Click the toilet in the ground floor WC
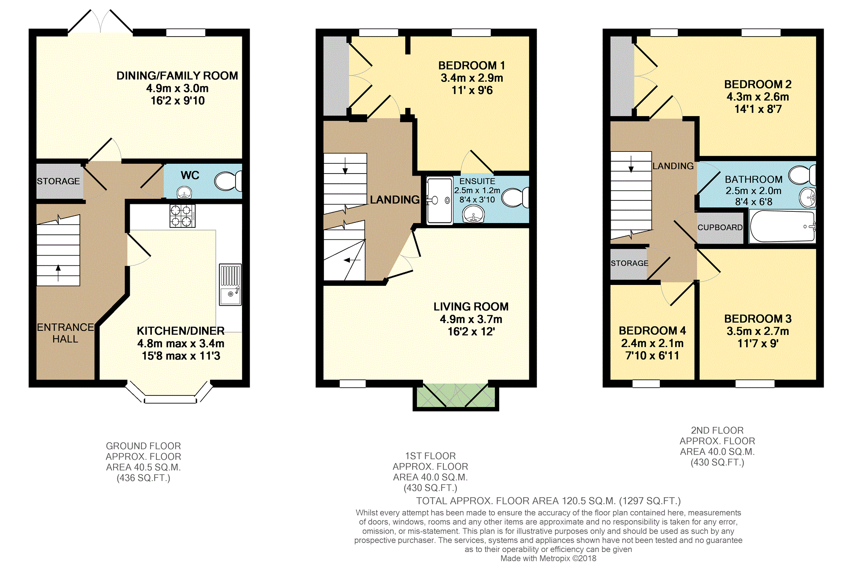click(228, 181)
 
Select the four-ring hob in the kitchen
click(182, 216)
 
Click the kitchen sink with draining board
click(230, 284)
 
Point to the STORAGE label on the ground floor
click(58, 181)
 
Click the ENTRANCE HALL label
click(65, 333)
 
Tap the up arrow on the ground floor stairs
click(58, 273)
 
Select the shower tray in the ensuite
click(440, 200)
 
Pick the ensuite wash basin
click(473, 214)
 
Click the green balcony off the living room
click(456, 395)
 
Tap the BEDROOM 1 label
click(472, 65)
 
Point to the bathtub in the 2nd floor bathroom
click(782, 226)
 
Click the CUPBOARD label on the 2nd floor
click(720, 228)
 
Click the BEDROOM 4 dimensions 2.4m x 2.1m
click(652, 343)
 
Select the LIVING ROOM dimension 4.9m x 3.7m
click(471, 319)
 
